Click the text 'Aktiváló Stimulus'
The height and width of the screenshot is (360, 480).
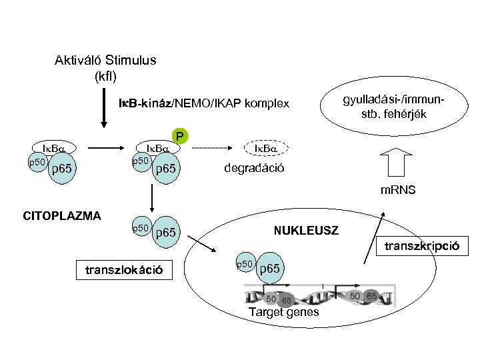(x=105, y=60)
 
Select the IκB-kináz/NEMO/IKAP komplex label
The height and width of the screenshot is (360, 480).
(x=204, y=103)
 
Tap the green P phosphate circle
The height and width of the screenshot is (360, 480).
(x=179, y=137)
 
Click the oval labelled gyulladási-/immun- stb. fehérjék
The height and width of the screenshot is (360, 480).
(x=394, y=106)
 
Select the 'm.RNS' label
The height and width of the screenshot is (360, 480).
(x=398, y=190)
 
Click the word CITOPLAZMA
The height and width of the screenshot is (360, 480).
(x=62, y=215)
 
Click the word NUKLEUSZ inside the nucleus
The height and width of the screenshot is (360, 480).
(x=306, y=231)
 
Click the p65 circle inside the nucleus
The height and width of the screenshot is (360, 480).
(x=271, y=268)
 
